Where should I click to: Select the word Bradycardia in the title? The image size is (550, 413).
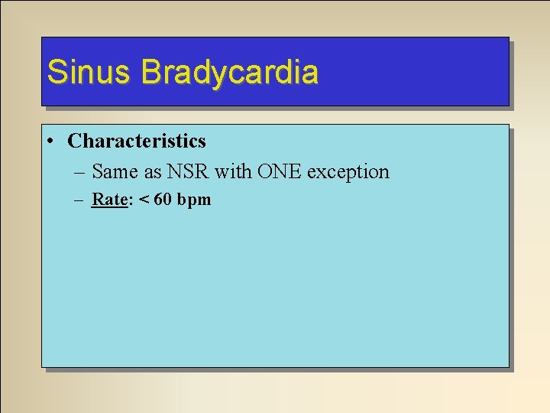229,72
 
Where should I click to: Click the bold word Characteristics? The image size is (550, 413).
137,141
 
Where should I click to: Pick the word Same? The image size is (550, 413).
115,171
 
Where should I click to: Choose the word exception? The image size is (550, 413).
348,172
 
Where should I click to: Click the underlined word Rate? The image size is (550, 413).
108,200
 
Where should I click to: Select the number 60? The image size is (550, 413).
163,200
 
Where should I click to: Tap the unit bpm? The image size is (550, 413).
194,200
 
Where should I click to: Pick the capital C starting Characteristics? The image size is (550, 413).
74,141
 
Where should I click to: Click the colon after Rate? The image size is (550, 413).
128,201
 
